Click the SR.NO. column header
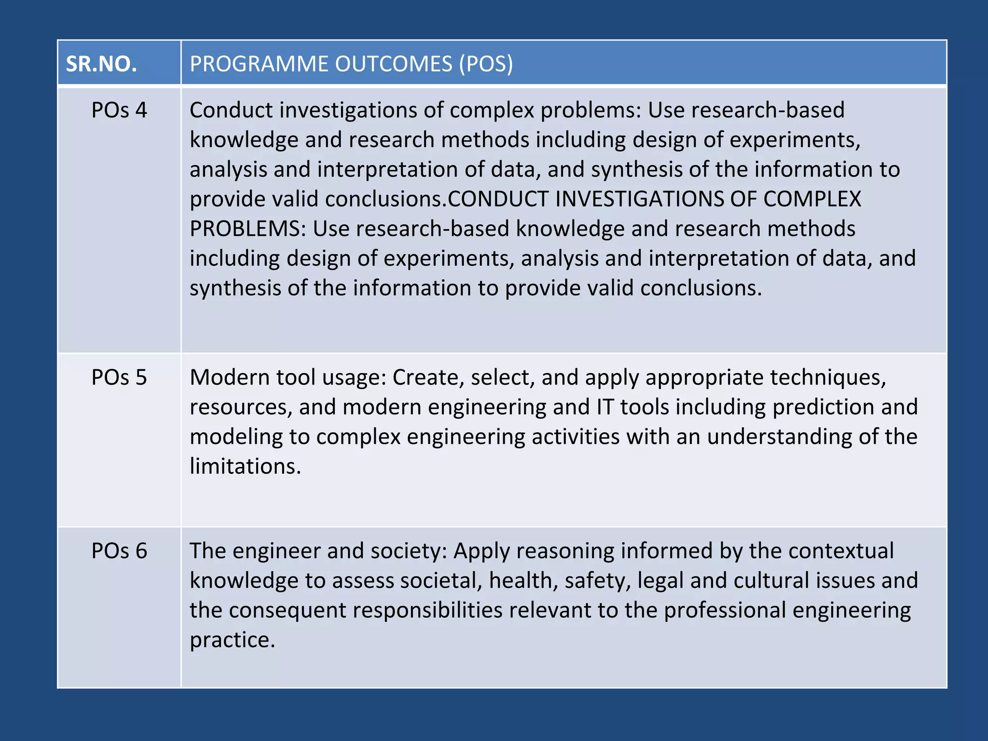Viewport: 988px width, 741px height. pos(101,64)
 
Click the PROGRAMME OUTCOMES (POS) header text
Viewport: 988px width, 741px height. pos(351,64)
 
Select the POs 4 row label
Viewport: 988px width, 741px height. pos(119,110)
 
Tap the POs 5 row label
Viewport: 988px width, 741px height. pos(119,377)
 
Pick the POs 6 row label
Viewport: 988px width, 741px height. pos(119,551)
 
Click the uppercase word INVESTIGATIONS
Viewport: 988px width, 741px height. pos(639,199)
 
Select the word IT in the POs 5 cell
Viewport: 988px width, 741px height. pos(605,407)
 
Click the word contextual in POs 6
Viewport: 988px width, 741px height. pos(841,551)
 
